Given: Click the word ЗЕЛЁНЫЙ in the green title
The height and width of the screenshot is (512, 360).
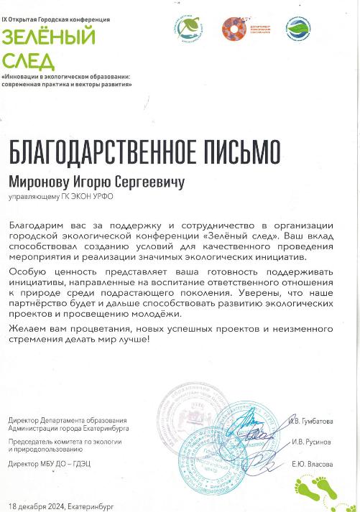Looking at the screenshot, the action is pos(49,35).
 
